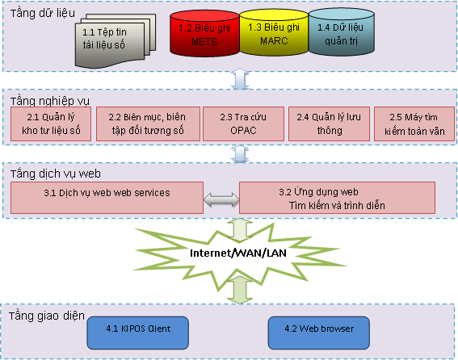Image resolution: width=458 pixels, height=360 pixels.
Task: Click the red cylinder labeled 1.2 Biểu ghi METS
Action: click(204, 34)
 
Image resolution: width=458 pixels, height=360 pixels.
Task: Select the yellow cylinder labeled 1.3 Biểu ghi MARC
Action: click(274, 33)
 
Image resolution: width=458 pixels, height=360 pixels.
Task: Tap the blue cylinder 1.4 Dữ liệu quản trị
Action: click(341, 32)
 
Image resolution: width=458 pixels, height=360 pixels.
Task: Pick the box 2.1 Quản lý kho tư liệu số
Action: click(51, 123)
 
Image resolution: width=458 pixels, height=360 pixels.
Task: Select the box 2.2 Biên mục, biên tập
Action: click(148, 123)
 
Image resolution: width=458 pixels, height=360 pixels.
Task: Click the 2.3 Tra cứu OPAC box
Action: click(243, 123)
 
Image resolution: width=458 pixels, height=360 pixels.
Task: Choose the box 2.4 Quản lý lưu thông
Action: click(330, 123)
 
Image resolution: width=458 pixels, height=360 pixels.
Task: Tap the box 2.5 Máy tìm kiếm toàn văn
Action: click(414, 123)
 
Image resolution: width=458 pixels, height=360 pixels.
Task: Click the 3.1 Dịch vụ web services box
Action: click(107, 198)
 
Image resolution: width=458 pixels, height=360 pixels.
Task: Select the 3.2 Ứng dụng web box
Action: click(337, 198)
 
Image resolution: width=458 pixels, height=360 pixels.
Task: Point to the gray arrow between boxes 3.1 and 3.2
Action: click(221, 200)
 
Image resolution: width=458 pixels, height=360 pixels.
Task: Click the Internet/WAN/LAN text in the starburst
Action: click(238, 253)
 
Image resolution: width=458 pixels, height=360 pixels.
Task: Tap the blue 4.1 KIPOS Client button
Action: click(138, 333)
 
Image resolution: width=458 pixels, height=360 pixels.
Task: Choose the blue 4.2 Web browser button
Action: click(319, 333)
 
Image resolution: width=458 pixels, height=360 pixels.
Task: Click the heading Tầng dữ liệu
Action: click(43, 14)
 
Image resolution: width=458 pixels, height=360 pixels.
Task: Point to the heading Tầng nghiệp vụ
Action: click(50, 101)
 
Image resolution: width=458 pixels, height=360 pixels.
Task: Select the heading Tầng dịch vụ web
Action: click(56, 174)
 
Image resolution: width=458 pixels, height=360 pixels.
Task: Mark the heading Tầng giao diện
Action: click(47, 316)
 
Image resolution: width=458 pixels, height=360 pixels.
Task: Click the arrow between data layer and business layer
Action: click(240, 79)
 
